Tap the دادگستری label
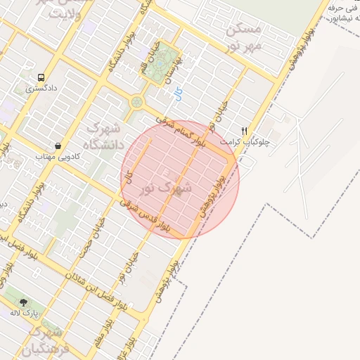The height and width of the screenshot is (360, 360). [40, 89]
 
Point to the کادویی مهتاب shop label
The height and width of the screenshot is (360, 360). [56, 157]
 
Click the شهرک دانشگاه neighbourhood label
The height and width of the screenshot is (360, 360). [103, 137]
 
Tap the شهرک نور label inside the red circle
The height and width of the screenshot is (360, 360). [165, 188]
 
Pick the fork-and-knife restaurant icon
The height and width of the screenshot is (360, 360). [245, 130]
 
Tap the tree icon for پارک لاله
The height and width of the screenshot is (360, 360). [22, 301]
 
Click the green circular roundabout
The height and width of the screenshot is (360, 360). [136, 103]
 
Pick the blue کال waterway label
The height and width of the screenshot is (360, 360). [177, 93]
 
